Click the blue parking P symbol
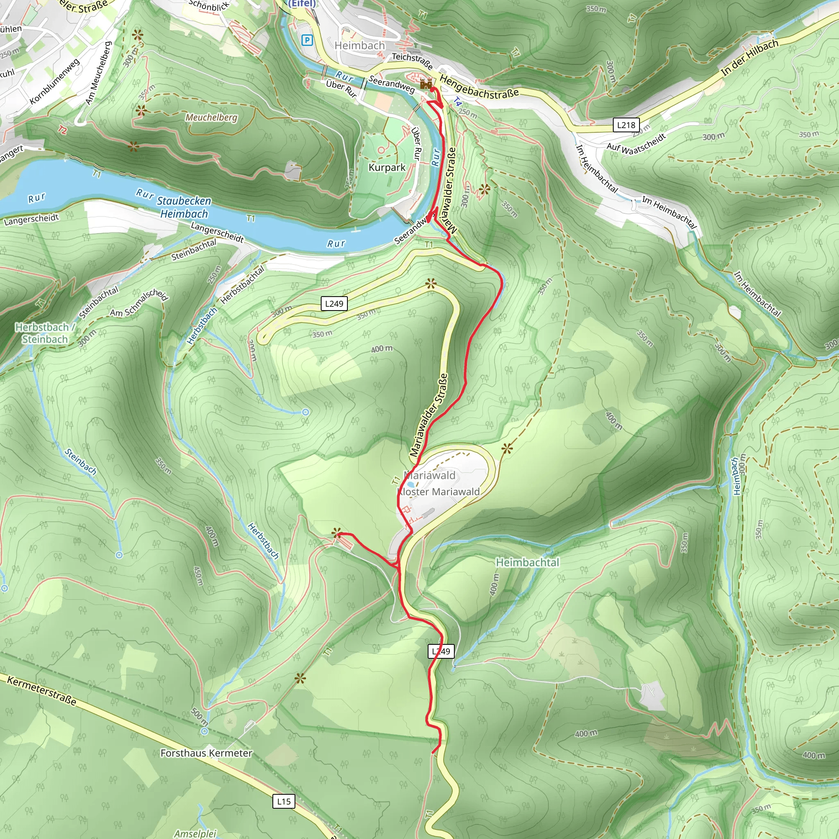307,41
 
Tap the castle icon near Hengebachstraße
426,84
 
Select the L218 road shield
626,125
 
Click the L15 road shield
283,801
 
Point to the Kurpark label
386,168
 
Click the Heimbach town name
360,45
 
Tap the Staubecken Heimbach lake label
184,207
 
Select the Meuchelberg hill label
211,117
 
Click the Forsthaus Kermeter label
206,753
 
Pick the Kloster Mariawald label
439,492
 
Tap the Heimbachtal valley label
527,562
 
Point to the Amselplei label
195,833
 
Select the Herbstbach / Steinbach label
45,333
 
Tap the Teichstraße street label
412,61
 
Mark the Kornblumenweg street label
55,82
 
